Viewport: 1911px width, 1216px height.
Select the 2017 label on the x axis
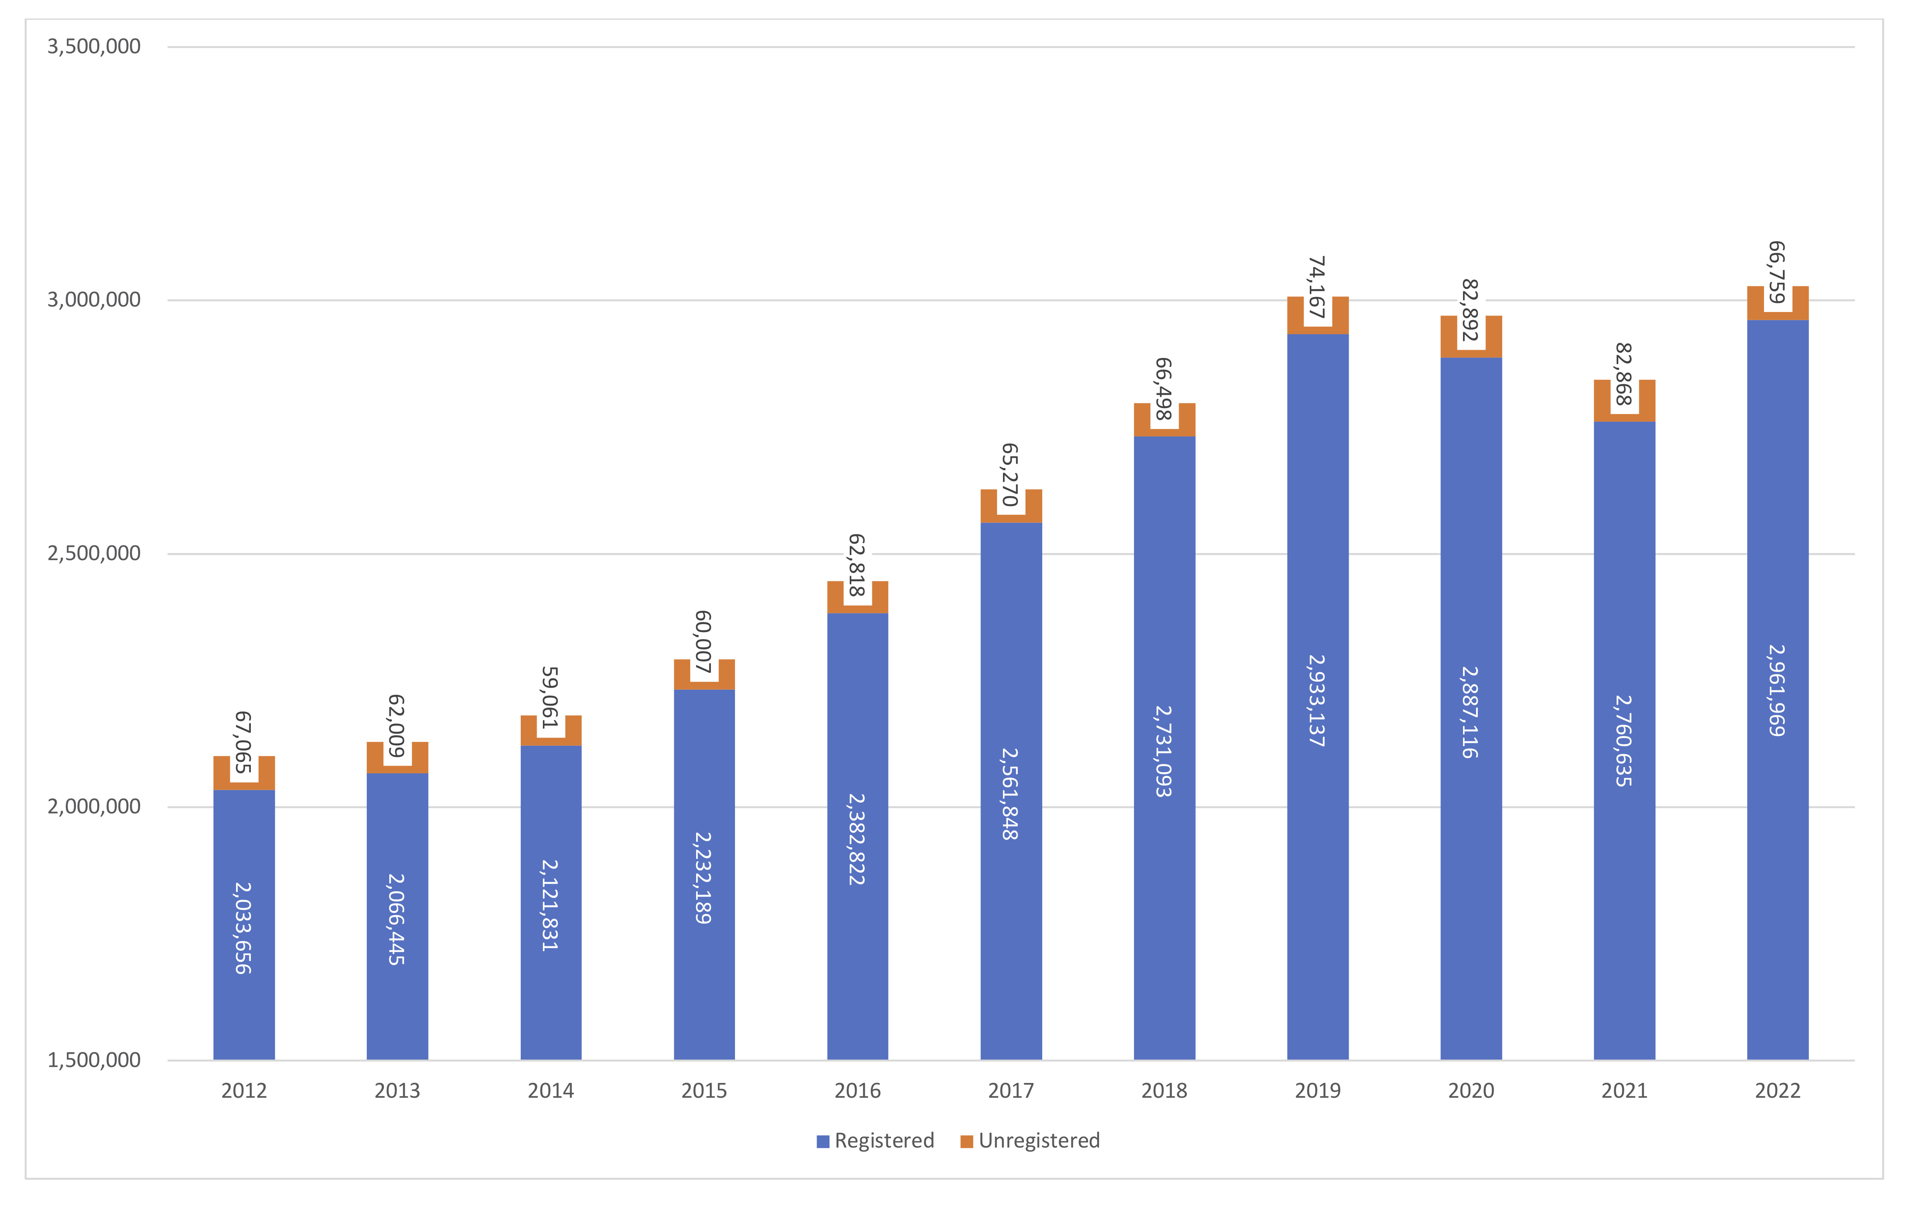[x=1010, y=1091]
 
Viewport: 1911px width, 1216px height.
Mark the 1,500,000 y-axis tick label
[x=94, y=1060]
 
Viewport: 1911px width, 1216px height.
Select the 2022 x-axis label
[x=1778, y=1091]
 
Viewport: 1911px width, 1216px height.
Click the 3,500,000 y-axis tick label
[x=94, y=46]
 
